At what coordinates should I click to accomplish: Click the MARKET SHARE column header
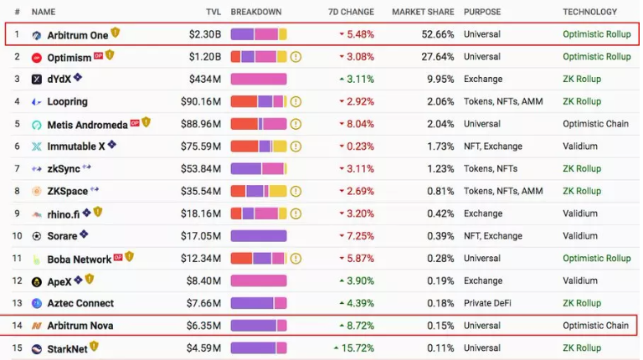[423, 13]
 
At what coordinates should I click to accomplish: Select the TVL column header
[213, 13]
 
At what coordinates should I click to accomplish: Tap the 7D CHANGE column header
[352, 13]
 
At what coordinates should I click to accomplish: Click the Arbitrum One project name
[78, 35]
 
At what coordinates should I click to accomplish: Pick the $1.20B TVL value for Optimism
[205, 57]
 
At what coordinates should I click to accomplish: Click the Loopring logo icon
[37, 102]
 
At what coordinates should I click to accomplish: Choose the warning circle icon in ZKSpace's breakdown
[296, 191]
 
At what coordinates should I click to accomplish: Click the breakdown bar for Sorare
[259, 236]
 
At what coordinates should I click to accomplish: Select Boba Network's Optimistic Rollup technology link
[596, 258]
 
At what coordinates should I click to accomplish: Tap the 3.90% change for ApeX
[358, 280]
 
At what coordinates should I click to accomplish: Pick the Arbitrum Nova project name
[80, 326]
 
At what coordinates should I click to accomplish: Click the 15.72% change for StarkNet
[354, 347]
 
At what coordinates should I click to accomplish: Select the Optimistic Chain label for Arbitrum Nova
[594, 326]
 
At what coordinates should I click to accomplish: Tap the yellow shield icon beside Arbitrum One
[116, 33]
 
